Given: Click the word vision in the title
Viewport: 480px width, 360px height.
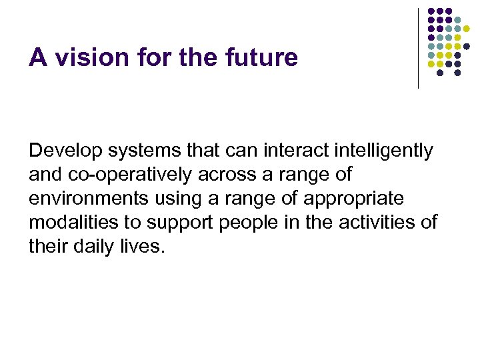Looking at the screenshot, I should coord(87,58).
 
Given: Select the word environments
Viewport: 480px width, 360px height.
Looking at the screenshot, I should coord(87,199).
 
